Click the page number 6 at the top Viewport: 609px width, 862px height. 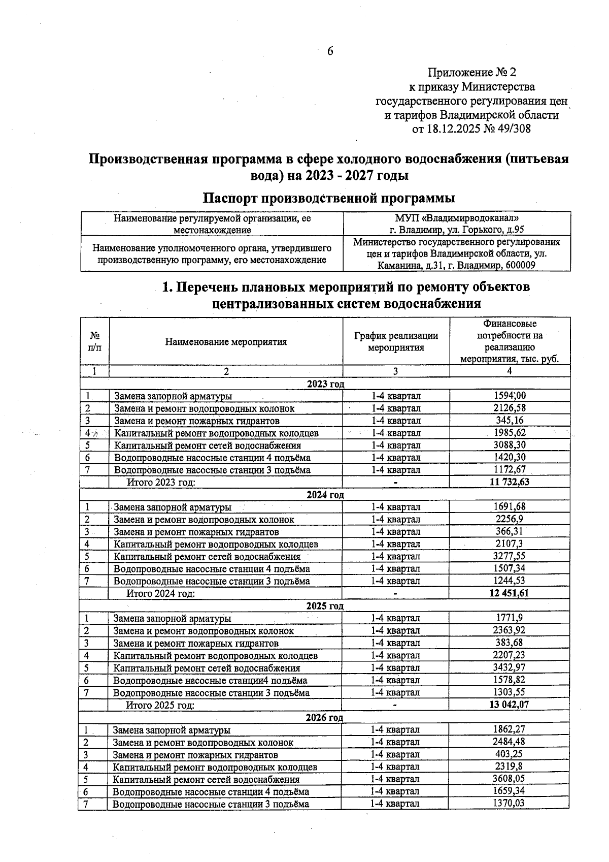(330, 51)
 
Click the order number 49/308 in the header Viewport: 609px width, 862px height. (514, 129)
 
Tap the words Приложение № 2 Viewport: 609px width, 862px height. (472, 72)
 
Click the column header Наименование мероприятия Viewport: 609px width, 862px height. (226, 342)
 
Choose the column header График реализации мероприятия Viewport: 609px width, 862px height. (396, 341)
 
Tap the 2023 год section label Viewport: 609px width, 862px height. (325, 384)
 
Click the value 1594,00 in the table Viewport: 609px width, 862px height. (510, 396)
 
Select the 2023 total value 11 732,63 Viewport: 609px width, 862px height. (510, 482)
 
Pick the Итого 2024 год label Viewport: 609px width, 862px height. (161, 593)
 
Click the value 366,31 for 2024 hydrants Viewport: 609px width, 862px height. (510, 531)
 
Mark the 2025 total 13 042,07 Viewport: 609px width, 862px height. (510, 705)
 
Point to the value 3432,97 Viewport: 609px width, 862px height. (510, 667)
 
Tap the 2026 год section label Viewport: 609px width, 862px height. (324, 717)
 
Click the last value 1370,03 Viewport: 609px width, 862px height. (509, 803)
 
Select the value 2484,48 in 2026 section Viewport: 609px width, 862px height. (509, 742)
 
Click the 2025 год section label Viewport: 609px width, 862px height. (325, 606)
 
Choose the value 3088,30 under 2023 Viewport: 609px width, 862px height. (510, 445)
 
